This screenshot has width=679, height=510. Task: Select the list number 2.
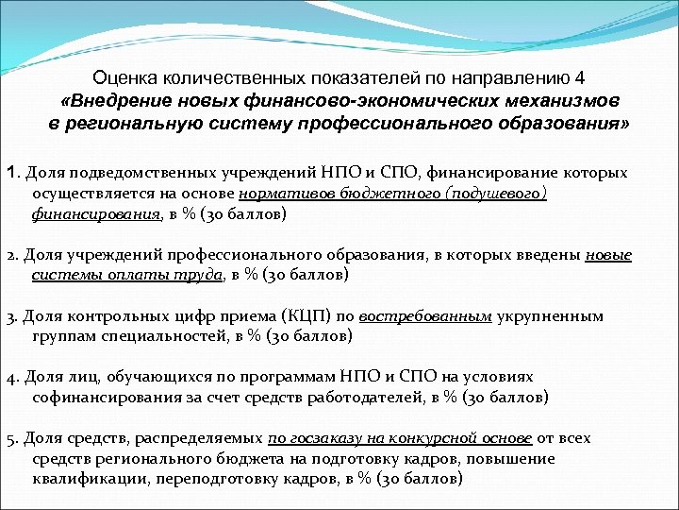pyautogui.click(x=12, y=255)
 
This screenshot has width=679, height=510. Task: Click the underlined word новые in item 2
pyautogui.click(x=608, y=255)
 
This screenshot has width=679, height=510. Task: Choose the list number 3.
pyautogui.click(x=12, y=316)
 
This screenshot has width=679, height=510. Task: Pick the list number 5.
pyautogui.click(x=12, y=438)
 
